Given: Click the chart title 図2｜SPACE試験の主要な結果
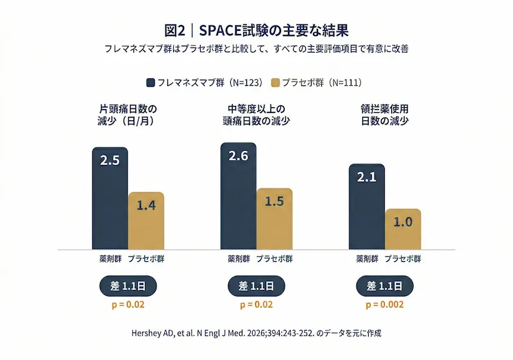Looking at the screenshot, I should [256, 30].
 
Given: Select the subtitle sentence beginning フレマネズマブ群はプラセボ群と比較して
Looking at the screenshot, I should [256, 49].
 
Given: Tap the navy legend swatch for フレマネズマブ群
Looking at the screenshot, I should [151, 82].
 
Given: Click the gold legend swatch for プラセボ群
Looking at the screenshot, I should [276, 82].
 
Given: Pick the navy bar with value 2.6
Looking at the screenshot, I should [238, 196].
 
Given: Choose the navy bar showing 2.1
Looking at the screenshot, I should [366, 206].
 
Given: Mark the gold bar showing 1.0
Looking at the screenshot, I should [403, 228].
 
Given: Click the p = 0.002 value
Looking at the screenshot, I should [385, 305].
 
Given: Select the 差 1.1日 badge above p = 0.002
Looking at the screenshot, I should [385, 286].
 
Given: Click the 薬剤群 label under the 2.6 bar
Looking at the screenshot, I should [239, 259].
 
